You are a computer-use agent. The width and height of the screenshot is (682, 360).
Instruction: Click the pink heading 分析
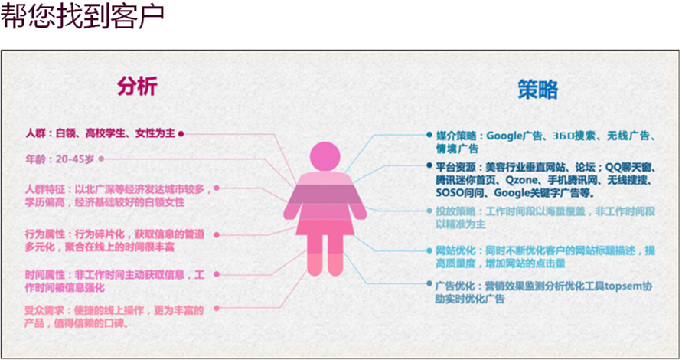(137, 87)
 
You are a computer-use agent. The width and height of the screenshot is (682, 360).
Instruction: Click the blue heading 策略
(537, 90)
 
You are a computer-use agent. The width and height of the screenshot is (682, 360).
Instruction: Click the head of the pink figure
(325, 157)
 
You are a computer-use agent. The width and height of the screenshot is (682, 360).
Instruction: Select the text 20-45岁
(75, 159)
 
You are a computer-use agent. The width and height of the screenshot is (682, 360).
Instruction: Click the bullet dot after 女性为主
(181, 133)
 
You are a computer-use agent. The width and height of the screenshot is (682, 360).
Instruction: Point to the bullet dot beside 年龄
(101, 159)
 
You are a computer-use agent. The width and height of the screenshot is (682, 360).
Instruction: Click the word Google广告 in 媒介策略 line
(514, 136)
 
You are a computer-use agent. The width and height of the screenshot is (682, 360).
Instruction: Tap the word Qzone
(521, 180)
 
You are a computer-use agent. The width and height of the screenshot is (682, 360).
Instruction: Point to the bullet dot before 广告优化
(429, 283)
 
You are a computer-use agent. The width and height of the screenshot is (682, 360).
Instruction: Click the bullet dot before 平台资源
(429, 165)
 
